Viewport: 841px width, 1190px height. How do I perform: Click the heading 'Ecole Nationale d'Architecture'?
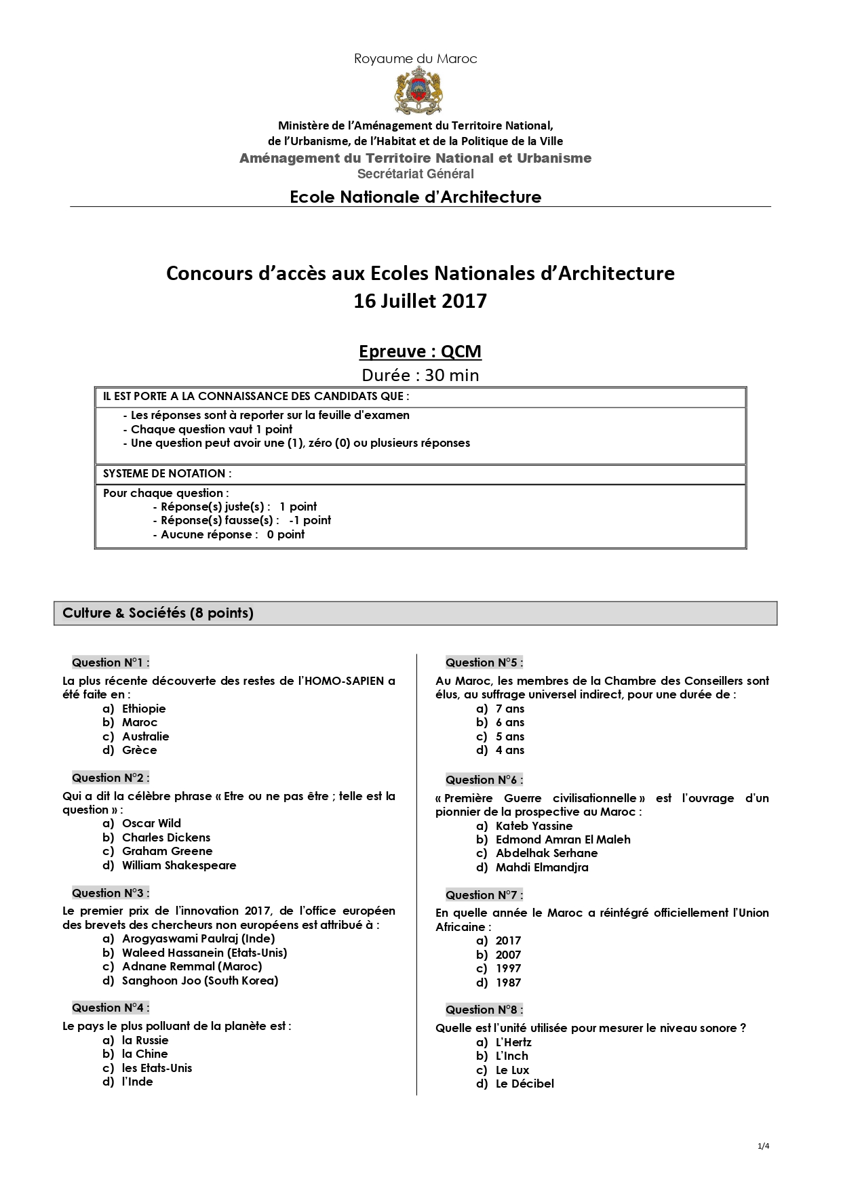tap(415, 197)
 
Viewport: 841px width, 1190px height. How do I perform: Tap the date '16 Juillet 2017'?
tap(420, 301)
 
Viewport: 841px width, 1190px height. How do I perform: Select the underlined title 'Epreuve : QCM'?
tap(420, 352)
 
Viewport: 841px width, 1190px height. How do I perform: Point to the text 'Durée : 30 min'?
tap(420, 376)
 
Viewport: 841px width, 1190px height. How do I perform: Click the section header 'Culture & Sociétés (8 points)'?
tap(158, 613)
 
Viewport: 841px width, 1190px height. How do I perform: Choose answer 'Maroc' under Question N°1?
tap(140, 723)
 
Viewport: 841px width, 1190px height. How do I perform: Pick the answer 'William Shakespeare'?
tap(179, 865)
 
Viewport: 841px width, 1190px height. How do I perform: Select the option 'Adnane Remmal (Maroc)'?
tap(192, 966)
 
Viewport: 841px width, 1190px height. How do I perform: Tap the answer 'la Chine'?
tap(144, 1054)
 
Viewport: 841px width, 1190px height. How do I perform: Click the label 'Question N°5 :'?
tap(484, 662)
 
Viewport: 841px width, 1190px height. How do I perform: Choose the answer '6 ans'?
tap(510, 723)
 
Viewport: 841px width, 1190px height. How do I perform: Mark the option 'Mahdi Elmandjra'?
tap(542, 867)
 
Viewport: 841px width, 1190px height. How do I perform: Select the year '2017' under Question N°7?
tap(508, 940)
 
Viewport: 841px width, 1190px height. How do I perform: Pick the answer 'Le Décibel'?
tap(524, 1084)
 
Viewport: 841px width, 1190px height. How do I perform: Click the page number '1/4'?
tap(763, 1147)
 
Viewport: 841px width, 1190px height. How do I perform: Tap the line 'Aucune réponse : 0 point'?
tap(232, 534)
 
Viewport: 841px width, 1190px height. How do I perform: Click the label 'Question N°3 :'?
tap(111, 893)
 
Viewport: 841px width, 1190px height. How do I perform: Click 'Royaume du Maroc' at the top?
tap(415, 59)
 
